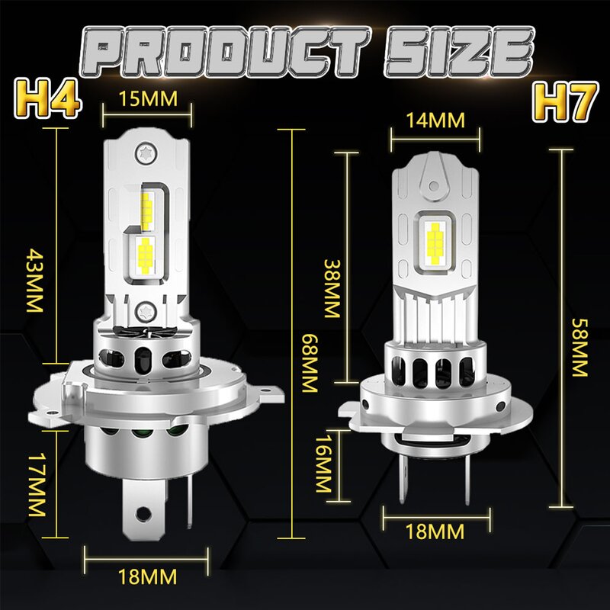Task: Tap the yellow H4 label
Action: click(x=45, y=100)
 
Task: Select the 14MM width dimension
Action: click(x=437, y=120)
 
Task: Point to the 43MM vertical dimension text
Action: click(x=32, y=281)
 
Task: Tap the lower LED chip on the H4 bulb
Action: click(x=144, y=249)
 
